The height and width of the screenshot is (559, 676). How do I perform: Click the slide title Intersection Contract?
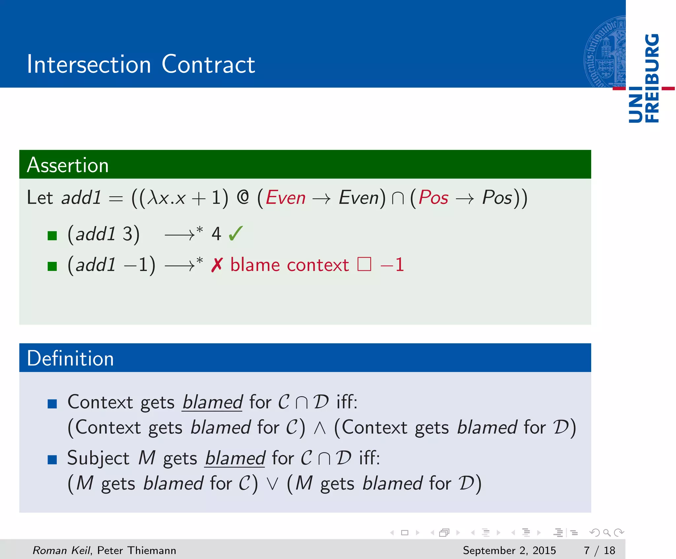point(141,64)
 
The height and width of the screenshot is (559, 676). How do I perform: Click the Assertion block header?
point(68,165)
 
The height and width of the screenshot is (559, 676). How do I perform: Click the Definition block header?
point(70,358)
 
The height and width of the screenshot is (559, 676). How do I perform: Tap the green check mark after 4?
point(236,233)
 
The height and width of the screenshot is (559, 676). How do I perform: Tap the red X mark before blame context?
point(217,265)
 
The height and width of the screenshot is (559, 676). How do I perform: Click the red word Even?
point(286,198)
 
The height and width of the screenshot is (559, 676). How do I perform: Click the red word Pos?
point(433,198)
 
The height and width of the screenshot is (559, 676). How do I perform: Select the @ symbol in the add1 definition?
point(243,198)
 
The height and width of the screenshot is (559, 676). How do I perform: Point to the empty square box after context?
point(364,264)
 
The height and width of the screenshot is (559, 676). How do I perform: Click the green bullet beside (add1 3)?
point(52,235)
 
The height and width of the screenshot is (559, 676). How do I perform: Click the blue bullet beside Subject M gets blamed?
point(52,459)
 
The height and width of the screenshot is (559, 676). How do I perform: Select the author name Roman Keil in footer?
point(61,550)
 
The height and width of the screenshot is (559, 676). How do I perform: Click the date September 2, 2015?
point(509,550)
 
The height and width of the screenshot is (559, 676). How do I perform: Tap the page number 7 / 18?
point(599,550)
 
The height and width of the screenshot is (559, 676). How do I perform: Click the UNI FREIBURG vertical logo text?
point(644,78)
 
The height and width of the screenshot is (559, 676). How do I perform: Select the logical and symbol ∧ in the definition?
point(320,428)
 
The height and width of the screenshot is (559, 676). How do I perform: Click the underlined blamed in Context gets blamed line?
point(213,402)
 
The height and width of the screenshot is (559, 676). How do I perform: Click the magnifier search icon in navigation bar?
point(607,532)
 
